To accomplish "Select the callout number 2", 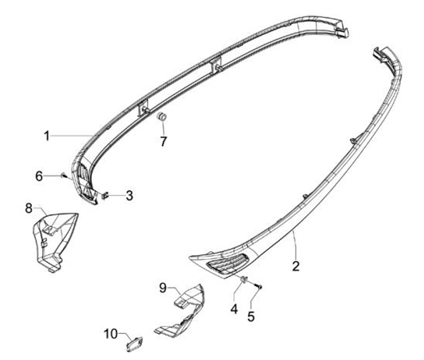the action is point(296,266).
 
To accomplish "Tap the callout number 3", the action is point(128,195).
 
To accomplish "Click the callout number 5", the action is point(251,316).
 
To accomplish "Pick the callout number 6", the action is point(39,176).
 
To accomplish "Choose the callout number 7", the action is point(163,141).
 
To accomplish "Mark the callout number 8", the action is point(28,207).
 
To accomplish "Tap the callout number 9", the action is point(163,288).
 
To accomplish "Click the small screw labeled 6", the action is point(63,176).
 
